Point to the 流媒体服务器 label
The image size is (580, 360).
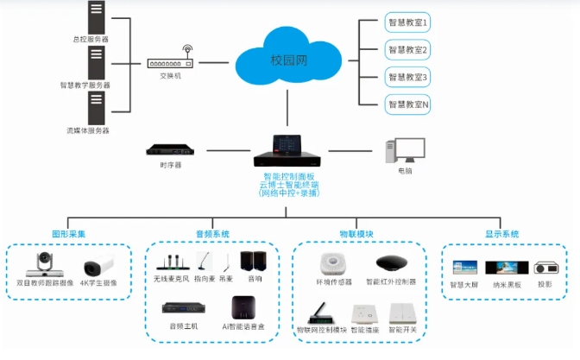click(x=89, y=131)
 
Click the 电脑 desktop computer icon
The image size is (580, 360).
click(x=403, y=150)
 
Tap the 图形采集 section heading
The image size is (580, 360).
click(x=68, y=233)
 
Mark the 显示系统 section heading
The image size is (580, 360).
click(x=501, y=233)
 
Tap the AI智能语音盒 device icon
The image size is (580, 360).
click(x=243, y=308)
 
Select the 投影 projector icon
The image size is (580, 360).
click(x=545, y=268)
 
